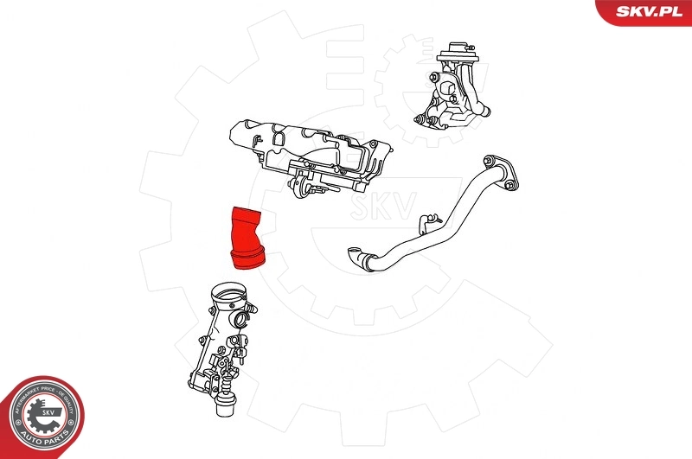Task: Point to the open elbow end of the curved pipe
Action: (354, 255)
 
